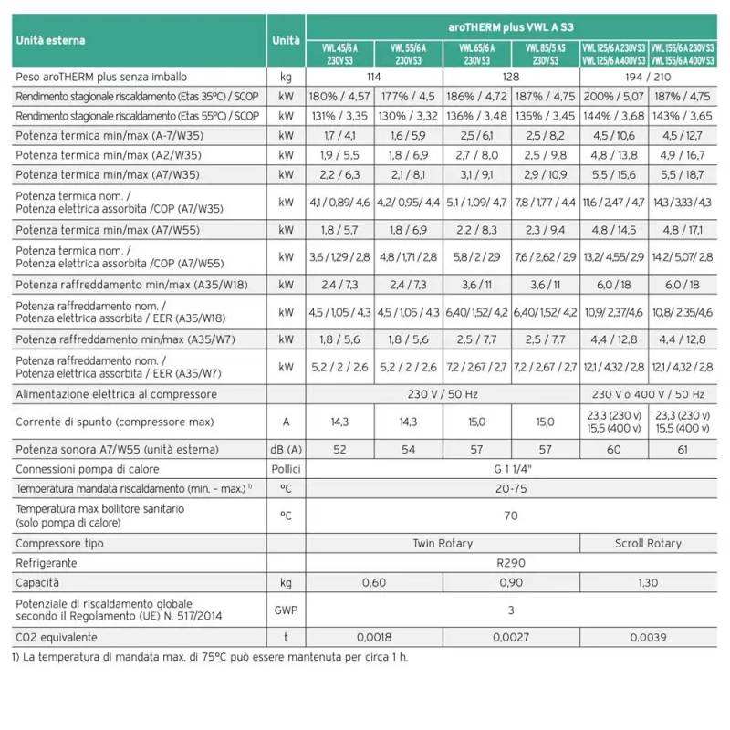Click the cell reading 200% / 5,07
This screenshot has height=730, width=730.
(x=614, y=96)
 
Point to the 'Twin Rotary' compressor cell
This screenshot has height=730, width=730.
(x=443, y=543)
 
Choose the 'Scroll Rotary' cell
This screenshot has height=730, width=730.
(x=649, y=543)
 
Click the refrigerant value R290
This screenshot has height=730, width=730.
(x=511, y=563)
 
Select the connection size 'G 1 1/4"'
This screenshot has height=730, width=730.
(x=511, y=468)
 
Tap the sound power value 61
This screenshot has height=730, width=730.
(x=683, y=449)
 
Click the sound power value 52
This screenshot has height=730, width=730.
(x=340, y=449)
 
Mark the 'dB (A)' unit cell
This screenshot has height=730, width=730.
(x=286, y=449)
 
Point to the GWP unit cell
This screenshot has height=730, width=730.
(x=286, y=610)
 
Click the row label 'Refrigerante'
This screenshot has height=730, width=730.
(x=47, y=563)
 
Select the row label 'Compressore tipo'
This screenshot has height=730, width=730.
(x=60, y=543)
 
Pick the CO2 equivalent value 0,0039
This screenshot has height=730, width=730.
(x=649, y=637)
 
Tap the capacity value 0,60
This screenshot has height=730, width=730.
(x=374, y=582)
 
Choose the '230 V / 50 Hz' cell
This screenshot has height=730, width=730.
(x=443, y=394)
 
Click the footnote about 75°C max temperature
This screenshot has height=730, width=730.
(x=210, y=657)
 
